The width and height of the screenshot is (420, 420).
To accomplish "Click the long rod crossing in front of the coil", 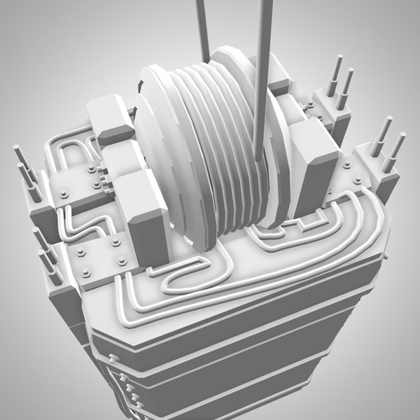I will click(265, 84).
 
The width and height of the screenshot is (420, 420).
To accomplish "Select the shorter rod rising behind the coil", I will click(203, 28).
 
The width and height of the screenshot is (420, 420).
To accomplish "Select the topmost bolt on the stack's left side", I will click(112, 360).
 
